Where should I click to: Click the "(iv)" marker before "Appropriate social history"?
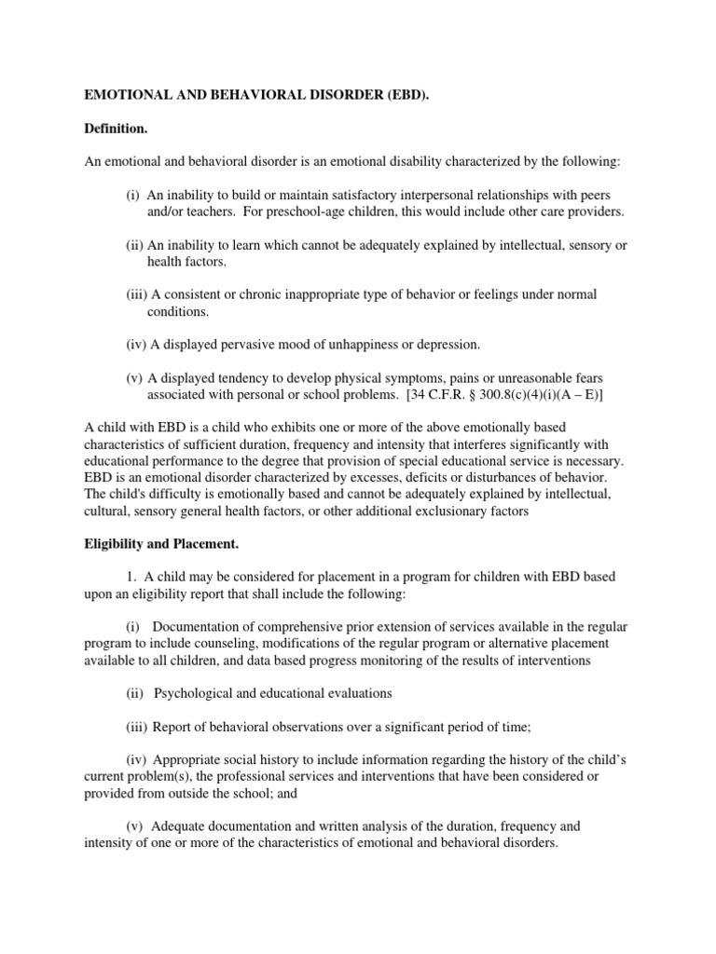(139, 760)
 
